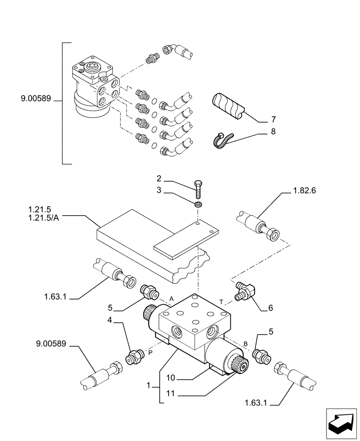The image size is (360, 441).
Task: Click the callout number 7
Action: click(273, 120)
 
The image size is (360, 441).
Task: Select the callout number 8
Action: click(273, 131)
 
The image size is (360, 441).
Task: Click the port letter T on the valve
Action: click(221, 301)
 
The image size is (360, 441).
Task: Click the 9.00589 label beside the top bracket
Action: click(36, 101)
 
